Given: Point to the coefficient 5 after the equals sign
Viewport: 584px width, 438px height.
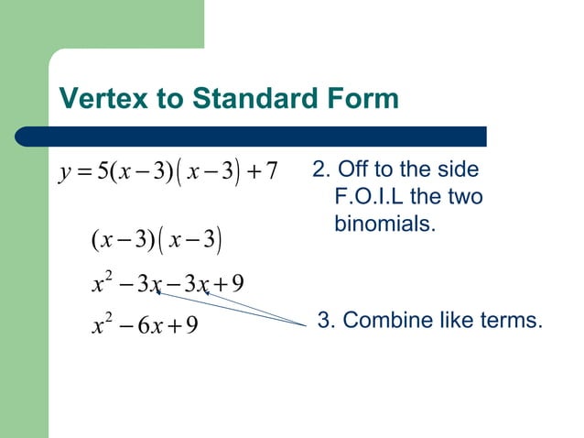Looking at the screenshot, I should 100,171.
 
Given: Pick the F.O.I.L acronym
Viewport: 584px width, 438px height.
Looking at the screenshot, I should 373,197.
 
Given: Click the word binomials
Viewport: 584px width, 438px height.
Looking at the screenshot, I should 384,223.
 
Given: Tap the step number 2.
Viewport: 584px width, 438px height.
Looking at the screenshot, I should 319,170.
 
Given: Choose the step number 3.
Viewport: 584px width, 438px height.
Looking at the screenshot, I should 323,321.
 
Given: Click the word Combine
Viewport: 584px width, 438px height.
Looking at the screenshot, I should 379,321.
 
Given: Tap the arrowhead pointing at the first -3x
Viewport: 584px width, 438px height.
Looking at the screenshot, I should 157,291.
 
